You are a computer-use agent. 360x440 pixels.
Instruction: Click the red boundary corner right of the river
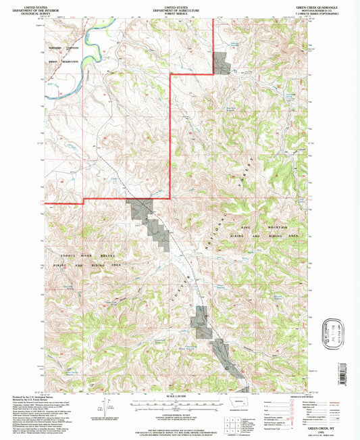point(170,76)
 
